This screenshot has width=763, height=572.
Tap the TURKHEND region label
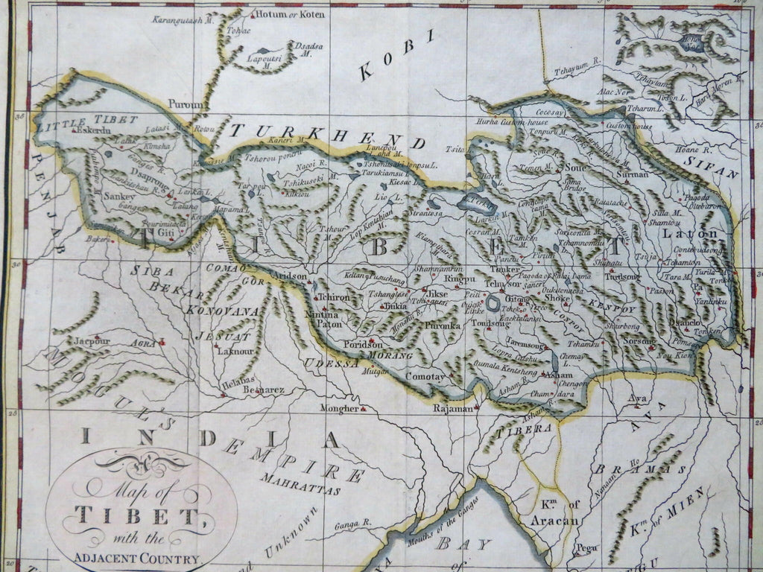tap(327, 136)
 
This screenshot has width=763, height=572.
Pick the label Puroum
tap(186, 105)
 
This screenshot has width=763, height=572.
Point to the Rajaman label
tap(452, 409)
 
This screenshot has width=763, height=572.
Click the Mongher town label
tap(339, 409)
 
